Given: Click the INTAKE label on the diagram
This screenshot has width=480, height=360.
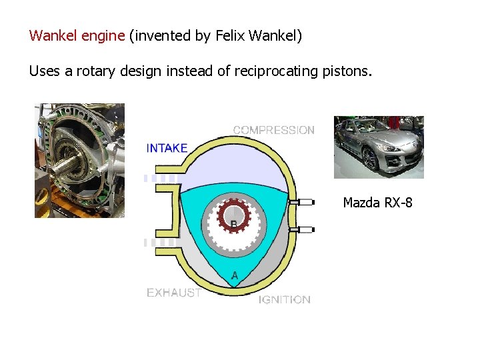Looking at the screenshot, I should [167, 148].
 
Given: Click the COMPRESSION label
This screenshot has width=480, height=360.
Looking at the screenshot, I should [273, 130].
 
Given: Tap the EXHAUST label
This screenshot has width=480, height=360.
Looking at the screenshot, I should [173, 292].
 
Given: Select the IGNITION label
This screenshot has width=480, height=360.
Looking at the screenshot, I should [285, 299].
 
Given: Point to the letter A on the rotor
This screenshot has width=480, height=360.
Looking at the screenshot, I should [235, 275].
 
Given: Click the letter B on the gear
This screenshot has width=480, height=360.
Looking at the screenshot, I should [233, 223].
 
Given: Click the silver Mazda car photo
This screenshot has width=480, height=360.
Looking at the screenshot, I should [379, 147].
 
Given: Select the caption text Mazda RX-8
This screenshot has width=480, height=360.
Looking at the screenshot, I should [377, 202].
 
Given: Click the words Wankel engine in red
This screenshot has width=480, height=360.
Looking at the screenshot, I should [77, 35].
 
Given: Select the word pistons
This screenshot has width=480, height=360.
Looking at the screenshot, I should [345, 71].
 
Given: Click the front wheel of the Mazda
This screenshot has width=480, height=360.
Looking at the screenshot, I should [369, 159].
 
